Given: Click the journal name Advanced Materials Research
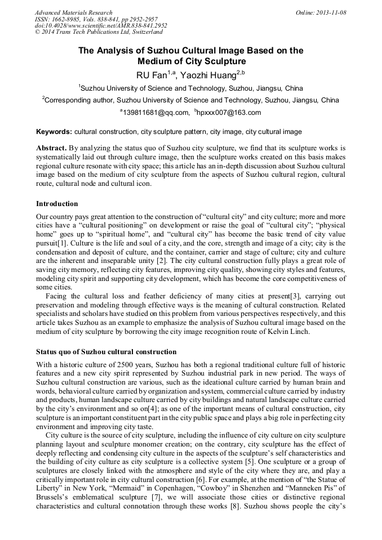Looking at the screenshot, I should click(73, 12).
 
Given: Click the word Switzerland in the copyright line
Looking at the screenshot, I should click(143, 33).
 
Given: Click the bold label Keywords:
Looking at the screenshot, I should click(54, 132).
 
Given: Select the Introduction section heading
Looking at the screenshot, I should click(57, 203).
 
